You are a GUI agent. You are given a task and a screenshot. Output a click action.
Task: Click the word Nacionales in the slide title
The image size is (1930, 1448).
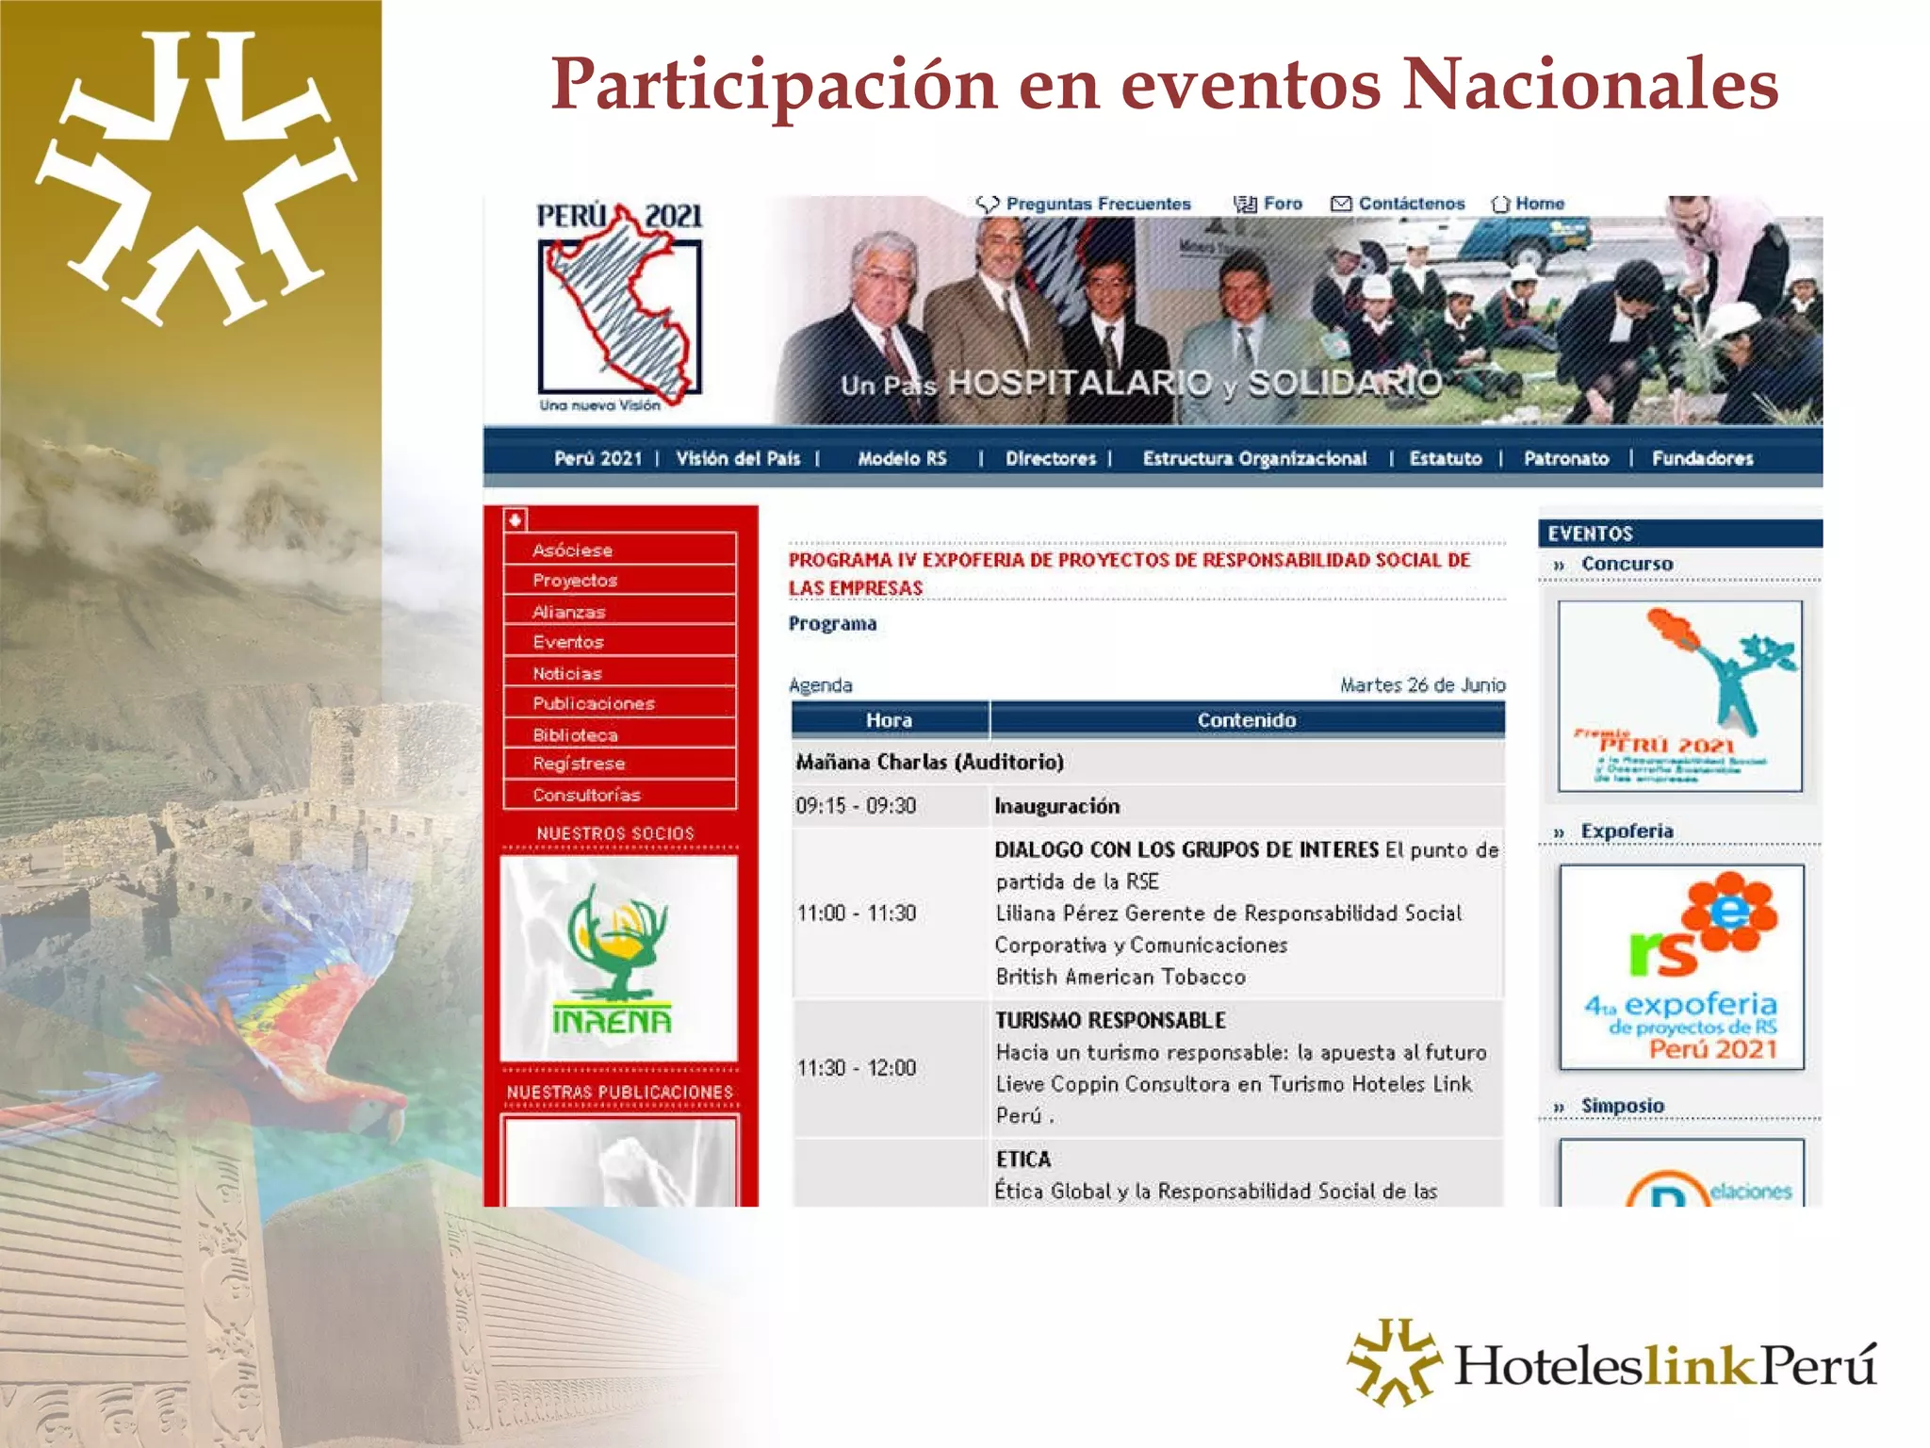(x=1590, y=85)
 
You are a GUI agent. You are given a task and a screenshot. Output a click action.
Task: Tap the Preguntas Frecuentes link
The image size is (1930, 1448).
(x=1097, y=204)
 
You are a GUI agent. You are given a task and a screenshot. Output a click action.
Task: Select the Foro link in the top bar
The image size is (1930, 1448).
(x=1282, y=204)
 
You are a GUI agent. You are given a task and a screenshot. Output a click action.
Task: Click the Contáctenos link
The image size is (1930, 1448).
(x=1411, y=204)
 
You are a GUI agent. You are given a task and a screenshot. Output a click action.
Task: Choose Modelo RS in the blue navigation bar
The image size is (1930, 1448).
(x=901, y=459)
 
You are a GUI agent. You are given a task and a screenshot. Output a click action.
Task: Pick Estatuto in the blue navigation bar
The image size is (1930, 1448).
(x=1445, y=459)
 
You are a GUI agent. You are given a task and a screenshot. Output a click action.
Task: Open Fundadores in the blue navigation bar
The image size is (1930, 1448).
(x=1702, y=459)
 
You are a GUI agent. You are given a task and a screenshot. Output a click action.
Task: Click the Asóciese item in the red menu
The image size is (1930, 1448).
(x=572, y=550)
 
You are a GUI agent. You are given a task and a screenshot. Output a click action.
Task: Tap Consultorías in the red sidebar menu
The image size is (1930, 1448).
(x=586, y=795)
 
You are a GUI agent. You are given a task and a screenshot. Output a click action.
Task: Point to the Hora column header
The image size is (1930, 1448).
(x=889, y=720)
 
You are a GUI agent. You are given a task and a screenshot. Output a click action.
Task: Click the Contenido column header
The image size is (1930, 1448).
(x=1246, y=720)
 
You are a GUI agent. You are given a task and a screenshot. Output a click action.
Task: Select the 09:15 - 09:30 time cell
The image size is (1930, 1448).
(x=856, y=806)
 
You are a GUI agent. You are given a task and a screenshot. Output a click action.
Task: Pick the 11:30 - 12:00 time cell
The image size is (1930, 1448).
(x=857, y=1068)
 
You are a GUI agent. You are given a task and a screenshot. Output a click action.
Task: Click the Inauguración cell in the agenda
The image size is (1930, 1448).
(x=1057, y=806)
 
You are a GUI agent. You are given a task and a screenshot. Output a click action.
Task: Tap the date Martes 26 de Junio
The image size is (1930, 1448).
(x=1422, y=685)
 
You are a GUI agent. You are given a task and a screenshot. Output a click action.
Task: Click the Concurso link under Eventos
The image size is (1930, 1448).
(x=1627, y=564)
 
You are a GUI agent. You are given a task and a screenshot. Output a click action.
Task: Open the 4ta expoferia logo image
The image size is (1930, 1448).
(x=1681, y=967)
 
